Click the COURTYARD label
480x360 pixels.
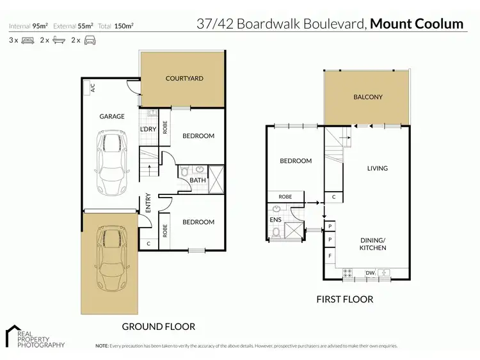click(x=184, y=78)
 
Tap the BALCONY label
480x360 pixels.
click(x=367, y=97)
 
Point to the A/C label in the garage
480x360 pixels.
click(x=92, y=88)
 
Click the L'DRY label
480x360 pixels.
click(x=148, y=130)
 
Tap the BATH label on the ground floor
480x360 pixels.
click(x=197, y=180)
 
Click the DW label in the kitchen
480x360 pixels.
click(x=369, y=274)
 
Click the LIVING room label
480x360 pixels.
click(x=377, y=169)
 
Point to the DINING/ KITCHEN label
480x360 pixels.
click(x=372, y=244)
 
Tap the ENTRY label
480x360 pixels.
click(x=148, y=203)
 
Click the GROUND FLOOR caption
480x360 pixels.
click(x=158, y=327)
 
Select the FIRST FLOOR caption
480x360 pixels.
click(x=345, y=299)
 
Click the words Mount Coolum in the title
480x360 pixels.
click(x=417, y=24)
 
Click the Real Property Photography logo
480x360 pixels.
click(x=35, y=337)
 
